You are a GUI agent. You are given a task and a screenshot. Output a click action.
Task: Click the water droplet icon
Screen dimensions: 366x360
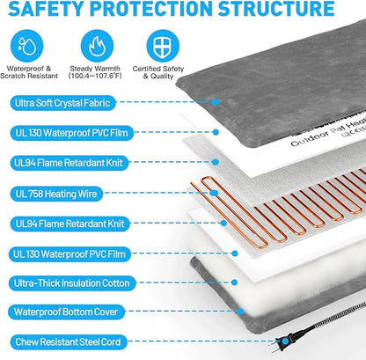tap(27, 46)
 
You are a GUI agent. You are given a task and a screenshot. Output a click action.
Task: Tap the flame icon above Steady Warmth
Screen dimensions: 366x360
tap(97, 46)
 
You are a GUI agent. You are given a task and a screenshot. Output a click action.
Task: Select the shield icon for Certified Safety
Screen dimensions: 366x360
tap(163, 46)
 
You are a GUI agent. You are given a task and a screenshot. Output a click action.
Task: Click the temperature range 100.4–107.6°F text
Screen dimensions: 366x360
tap(95, 76)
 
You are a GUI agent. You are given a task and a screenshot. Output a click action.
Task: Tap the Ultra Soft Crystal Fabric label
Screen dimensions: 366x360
tap(62, 103)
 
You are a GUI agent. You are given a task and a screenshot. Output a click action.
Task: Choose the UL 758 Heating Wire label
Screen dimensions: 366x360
tap(56, 194)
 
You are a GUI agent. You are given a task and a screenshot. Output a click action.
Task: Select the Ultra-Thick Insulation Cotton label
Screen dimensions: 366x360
tap(72, 283)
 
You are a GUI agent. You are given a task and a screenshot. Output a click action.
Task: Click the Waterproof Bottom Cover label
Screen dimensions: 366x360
tap(66, 312)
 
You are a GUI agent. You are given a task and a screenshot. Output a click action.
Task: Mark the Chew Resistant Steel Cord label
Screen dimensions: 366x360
tap(68, 342)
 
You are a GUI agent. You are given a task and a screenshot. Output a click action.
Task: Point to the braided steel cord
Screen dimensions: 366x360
tap(332, 319)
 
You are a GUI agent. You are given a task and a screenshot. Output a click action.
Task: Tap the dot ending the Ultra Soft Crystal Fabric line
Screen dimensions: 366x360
tap(216, 102)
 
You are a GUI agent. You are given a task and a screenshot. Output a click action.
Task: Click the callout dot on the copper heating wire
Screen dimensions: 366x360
tap(214, 193)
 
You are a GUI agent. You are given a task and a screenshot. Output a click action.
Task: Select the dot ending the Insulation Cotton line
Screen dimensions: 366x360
tap(234, 283)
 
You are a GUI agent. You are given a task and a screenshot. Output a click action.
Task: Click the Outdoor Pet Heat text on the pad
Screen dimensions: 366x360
tap(328, 132)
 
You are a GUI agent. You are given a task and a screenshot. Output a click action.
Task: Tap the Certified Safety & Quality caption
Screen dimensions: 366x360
tap(158, 72)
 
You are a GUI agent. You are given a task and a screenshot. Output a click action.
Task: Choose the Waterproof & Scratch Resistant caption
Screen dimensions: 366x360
tap(29, 72)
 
